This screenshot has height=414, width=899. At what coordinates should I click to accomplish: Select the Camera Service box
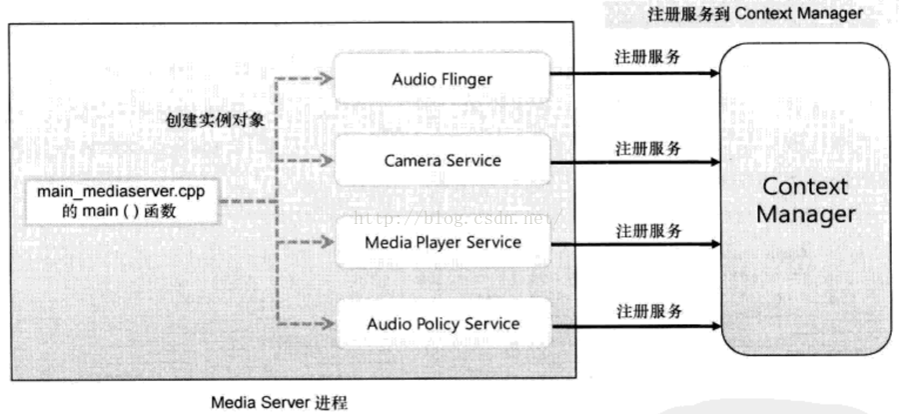tap(443, 160)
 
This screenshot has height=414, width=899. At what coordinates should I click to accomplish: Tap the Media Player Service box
tap(443, 242)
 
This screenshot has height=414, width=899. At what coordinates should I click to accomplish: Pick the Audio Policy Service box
tap(443, 324)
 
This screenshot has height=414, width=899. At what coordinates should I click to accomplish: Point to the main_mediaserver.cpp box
tap(121, 200)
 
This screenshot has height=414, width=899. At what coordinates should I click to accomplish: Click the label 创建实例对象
tap(213, 119)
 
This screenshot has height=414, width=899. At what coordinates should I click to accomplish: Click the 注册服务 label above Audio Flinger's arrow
tap(648, 57)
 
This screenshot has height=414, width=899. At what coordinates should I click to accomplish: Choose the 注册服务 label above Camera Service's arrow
tap(648, 148)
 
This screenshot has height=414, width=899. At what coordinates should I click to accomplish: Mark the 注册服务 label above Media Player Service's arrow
tap(648, 231)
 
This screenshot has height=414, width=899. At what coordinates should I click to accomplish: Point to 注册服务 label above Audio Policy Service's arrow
tap(648, 311)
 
